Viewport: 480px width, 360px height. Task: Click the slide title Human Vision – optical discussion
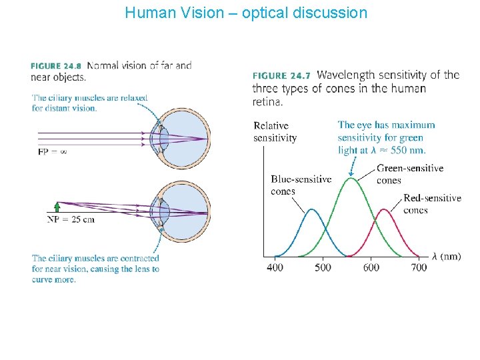point(245,13)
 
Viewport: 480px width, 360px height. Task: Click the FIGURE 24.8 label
point(56,66)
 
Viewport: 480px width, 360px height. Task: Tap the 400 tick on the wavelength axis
point(275,267)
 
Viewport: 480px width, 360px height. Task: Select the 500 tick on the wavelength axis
point(323,267)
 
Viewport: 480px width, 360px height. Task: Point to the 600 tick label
point(371,267)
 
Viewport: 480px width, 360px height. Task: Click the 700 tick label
point(419,267)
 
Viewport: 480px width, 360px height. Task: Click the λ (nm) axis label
point(446,256)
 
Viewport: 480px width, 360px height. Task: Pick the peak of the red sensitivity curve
point(385,209)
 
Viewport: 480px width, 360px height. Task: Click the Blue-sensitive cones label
point(301,185)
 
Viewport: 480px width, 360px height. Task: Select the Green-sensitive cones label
point(409,174)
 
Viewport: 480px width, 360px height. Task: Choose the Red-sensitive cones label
point(431,204)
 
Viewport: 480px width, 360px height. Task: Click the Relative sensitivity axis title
point(275,131)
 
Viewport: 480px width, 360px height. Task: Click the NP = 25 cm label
point(71,219)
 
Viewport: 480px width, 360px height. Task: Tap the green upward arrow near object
point(58,207)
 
